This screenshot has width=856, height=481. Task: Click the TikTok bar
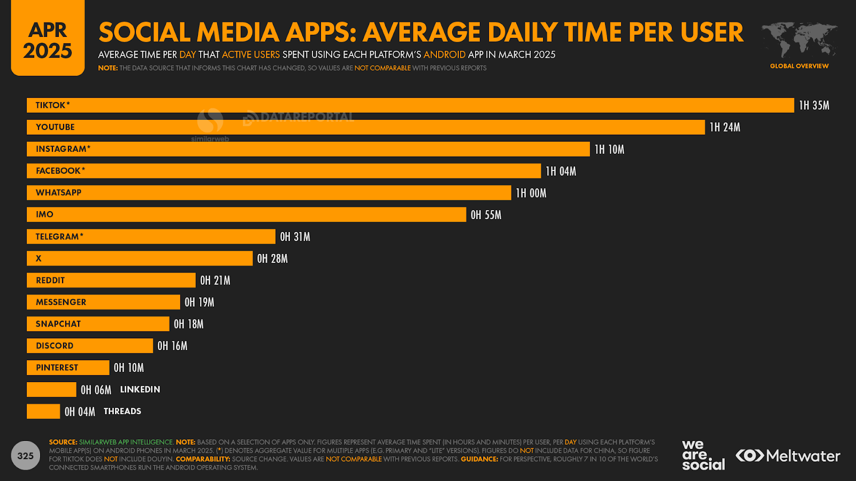click(x=410, y=105)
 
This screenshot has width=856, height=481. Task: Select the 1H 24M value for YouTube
click(x=725, y=127)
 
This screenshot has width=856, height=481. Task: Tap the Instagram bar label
click(x=63, y=149)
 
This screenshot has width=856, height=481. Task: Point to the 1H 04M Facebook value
click(x=561, y=171)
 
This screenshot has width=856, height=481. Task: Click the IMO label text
click(x=44, y=214)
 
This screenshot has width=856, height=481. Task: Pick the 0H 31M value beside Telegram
click(x=295, y=237)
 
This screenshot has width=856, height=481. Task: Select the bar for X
click(x=140, y=259)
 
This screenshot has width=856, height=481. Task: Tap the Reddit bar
click(x=111, y=280)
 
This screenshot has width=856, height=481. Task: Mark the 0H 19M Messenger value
click(x=199, y=302)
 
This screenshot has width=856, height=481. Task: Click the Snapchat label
click(x=58, y=324)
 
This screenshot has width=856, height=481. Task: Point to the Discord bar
click(x=90, y=346)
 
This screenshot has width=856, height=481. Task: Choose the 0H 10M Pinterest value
click(x=128, y=368)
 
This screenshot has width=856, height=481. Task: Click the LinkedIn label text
click(x=140, y=390)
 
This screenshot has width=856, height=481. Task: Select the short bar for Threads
click(x=43, y=412)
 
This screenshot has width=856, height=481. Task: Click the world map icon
click(x=799, y=40)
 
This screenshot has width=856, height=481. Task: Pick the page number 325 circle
click(x=26, y=455)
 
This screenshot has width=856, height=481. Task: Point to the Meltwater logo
click(x=788, y=456)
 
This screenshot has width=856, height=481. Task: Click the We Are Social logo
click(x=703, y=455)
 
